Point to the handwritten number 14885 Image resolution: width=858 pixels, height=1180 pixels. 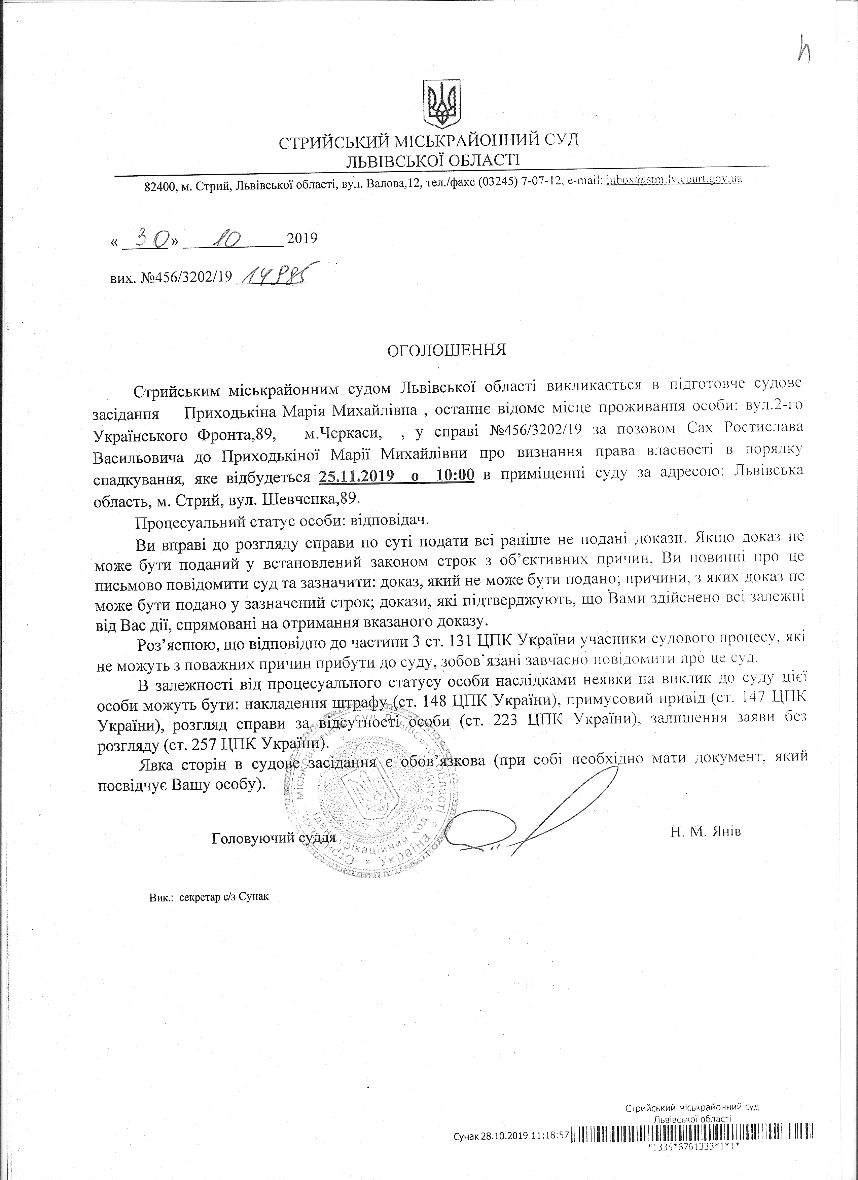point(270,276)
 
